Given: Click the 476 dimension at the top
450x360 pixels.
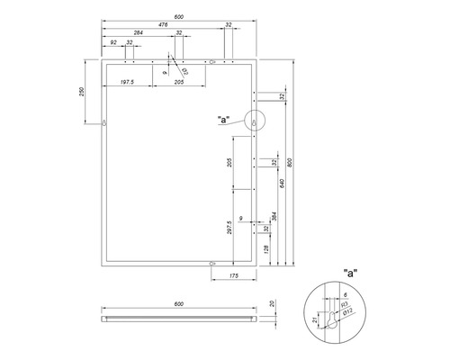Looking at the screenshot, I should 163,26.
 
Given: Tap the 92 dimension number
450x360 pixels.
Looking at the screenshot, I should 113,43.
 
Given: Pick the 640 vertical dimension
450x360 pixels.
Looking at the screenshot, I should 281,183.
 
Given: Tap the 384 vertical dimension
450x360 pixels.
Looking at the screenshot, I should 274,216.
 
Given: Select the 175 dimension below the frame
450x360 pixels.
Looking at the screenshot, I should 233,274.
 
